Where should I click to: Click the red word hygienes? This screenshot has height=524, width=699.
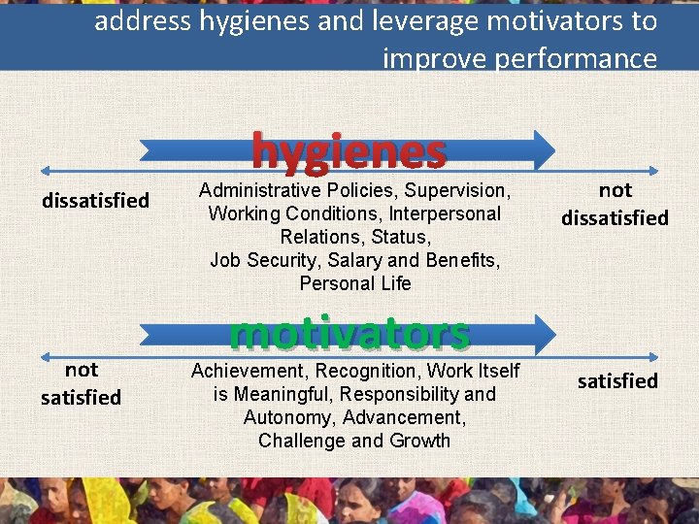coord(349,151)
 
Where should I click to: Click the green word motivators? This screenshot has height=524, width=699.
coord(349,333)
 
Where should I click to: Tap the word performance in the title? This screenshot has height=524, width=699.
coord(576,59)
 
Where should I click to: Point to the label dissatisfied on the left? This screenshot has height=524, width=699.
coord(95,201)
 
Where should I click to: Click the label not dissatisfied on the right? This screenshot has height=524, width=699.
coord(615,204)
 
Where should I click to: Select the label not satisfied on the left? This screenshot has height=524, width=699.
coord(81,383)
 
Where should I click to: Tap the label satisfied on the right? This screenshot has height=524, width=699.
coord(617,381)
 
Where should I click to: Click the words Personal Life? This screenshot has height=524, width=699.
coord(355,283)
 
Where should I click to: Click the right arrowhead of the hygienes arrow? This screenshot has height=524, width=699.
coord(543,149)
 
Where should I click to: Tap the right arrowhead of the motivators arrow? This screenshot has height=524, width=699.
coord(543,334)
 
